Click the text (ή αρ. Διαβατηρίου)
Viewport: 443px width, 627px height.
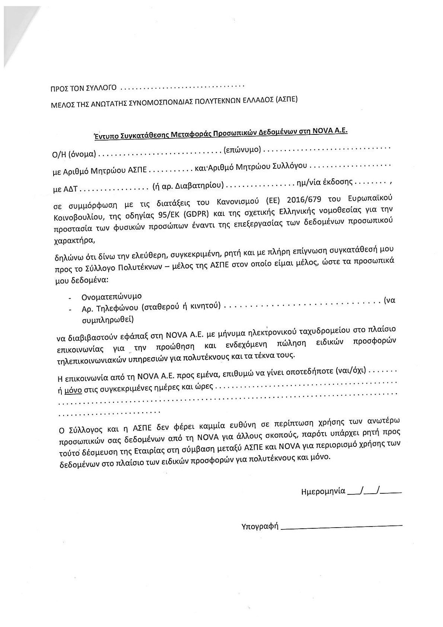[x=188, y=185]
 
